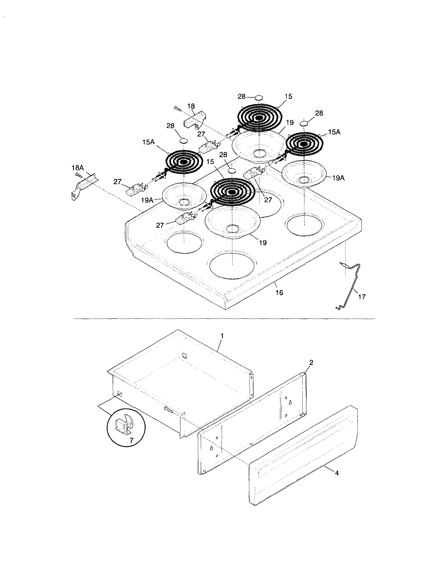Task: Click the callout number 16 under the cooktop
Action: pos(279,292)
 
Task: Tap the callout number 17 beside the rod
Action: pos(362,297)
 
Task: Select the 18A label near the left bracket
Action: pos(78,168)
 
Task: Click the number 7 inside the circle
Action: pos(131,441)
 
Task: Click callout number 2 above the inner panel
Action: pos(311,362)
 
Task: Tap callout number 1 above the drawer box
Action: pos(222,336)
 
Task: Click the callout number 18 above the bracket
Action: pos(191,106)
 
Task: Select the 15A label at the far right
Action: pos(334,132)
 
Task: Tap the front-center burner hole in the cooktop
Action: pos(232,265)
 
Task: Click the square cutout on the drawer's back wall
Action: pos(184,355)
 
